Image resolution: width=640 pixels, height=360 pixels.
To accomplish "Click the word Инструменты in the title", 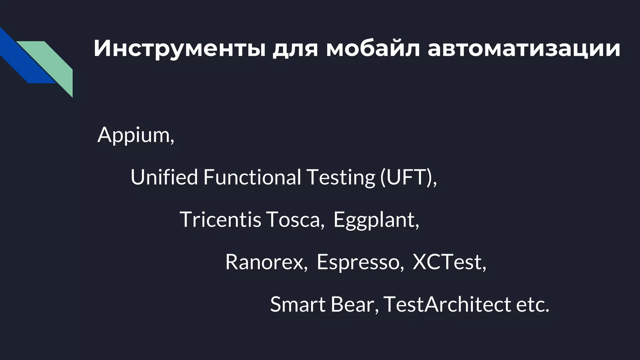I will (x=179, y=48).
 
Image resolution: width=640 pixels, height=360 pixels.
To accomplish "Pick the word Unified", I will (x=164, y=177).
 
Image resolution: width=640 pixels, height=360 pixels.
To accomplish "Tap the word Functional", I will (x=252, y=177).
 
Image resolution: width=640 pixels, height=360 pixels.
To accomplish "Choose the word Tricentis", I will (x=220, y=219).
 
